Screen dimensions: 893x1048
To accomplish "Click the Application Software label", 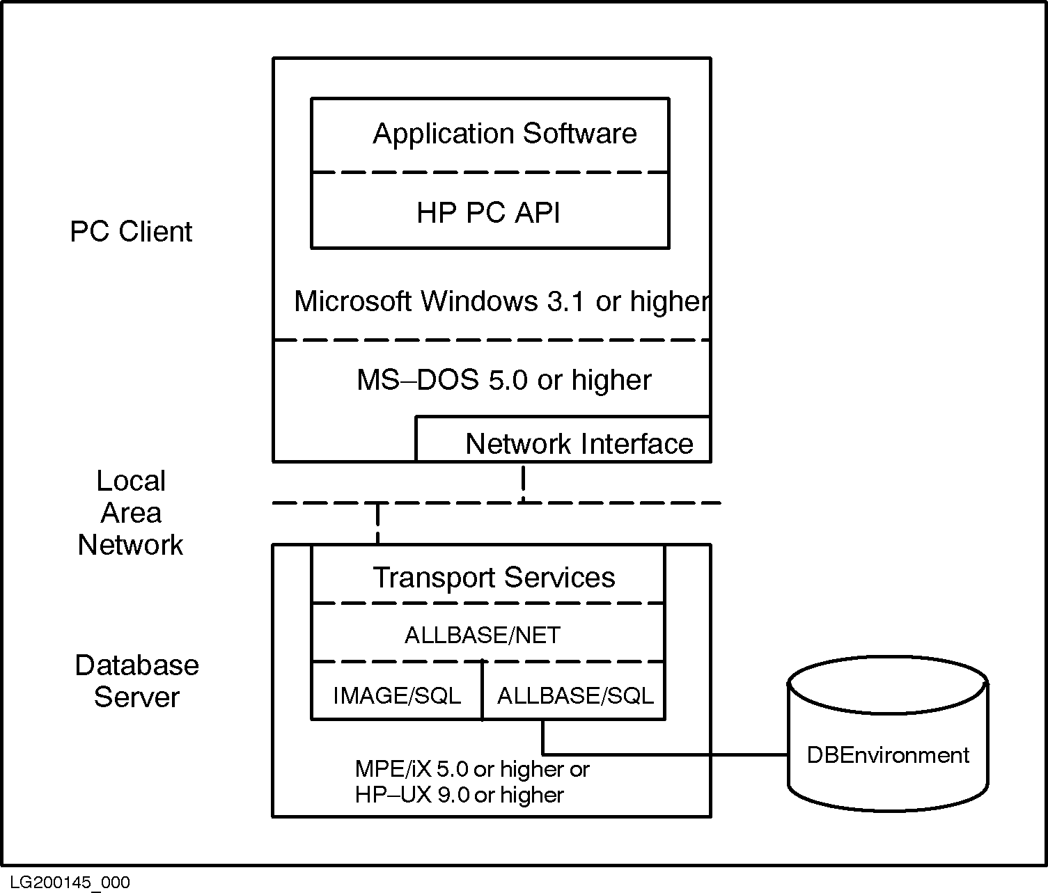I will point(504,134).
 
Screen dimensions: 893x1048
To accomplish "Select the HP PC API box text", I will point(488,213).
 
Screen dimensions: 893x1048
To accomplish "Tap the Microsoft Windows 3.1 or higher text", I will point(501,301).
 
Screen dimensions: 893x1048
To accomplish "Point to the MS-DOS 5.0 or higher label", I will point(504,380).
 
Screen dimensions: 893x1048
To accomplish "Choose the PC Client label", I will point(131,232).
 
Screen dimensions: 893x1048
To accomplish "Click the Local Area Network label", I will point(131,513).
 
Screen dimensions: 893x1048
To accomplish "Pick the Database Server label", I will point(136,681).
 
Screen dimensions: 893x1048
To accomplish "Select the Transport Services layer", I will point(494,578).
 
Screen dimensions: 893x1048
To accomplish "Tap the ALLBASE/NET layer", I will point(483,635).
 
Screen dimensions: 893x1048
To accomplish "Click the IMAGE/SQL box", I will point(397,695).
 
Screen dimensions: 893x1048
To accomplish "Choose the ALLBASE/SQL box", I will point(575,695).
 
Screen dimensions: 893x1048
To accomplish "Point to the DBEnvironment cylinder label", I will point(888,755).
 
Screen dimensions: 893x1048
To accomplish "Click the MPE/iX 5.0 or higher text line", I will point(472,769).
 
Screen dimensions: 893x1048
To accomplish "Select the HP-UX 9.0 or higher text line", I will point(460,795).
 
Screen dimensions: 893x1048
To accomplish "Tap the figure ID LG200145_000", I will point(70,883).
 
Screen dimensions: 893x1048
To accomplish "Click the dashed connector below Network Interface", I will point(524,482).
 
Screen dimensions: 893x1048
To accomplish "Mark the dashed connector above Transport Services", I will point(377,523).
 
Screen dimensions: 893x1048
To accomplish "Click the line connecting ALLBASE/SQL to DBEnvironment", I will point(662,754).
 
